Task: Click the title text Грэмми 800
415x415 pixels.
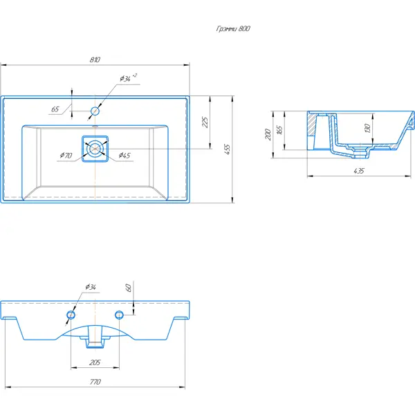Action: tap(233, 28)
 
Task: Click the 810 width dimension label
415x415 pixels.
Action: tap(95, 59)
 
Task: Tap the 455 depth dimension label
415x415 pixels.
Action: tap(227, 149)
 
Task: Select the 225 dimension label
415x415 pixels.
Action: tap(205, 122)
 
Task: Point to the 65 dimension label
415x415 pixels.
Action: tap(55, 109)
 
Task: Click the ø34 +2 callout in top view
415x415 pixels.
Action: tap(128, 77)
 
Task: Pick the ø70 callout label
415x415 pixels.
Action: tap(66, 155)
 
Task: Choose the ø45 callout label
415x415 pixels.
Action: tap(124, 155)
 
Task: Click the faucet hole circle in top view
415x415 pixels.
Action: tap(95, 111)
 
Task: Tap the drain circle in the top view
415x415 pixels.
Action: tap(95, 149)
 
